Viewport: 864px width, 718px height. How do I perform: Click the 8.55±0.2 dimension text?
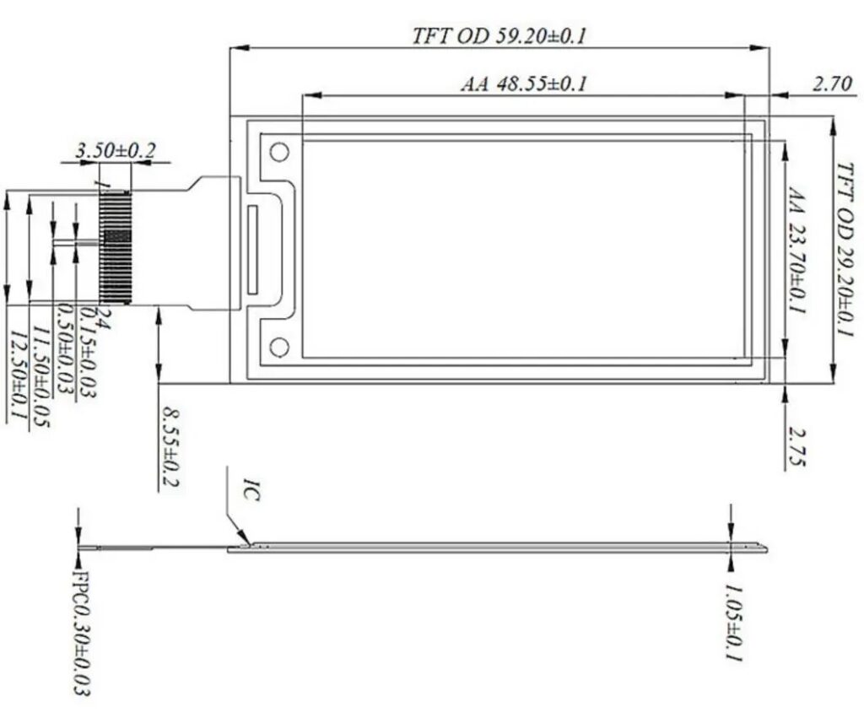point(171,447)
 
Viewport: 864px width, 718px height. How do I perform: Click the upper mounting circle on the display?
point(279,152)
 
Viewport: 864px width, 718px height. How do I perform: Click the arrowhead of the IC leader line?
point(246,538)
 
